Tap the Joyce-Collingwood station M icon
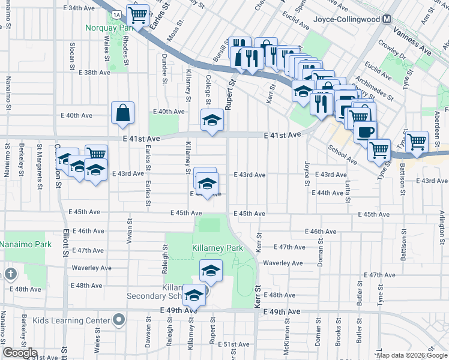pyautogui.click(x=387, y=19)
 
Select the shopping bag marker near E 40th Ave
pyautogui.click(x=122, y=113)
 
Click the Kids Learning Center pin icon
pyautogui.click(x=119, y=320)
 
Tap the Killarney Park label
pyautogui.click(x=217, y=248)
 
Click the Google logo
pyautogui.click(x=20, y=353)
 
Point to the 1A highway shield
pyautogui.click(x=116, y=13)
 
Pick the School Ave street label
pyautogui.click(x=342, y=153)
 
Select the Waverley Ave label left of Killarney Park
pyautogui.click(x=91, y=268)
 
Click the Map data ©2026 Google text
pyautogui.click(x=412, y=355)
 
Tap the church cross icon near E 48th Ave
pyautogui.click(x=10, y=275)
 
